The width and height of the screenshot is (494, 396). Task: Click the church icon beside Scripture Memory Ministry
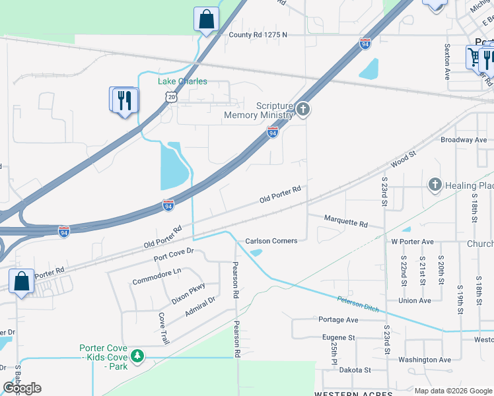click(302, 109)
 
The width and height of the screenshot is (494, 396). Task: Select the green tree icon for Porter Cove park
click(137, 356)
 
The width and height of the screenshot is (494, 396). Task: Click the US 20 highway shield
click(171, 96)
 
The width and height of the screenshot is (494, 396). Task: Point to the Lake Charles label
click(182, 81)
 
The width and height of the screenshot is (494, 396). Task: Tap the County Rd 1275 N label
click(258, 34)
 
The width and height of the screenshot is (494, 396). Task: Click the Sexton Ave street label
click(447, 62)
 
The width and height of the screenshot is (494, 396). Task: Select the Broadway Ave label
click(464, 140)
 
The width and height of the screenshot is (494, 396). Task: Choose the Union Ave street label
click(415, 300)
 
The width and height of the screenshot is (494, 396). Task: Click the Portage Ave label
click(338, 319)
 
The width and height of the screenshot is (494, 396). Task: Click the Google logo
click(22, 387)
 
